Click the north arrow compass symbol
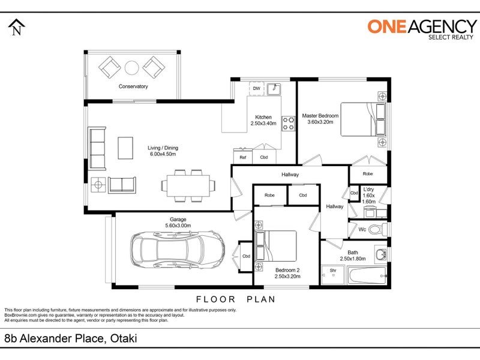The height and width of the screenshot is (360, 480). [17, 27]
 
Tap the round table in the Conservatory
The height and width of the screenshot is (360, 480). [131, 68]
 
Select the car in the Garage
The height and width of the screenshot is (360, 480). [178, 250]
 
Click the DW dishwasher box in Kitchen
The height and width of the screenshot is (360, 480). [257, 88]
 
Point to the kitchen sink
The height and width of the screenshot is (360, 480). [274, 89]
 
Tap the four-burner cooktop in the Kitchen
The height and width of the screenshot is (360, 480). [288, 124]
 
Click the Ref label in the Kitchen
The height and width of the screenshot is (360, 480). [243, 157]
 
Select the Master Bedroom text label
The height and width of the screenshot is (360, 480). [320, 116]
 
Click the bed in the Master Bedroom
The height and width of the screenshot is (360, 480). [364, 119]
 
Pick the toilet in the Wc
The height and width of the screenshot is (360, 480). [378, 229]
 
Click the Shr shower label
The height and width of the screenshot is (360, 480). [333, 271]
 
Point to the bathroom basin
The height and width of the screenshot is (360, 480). [380, 254]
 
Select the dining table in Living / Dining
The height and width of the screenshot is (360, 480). [188, 185]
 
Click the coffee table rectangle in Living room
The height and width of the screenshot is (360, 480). [125, 148]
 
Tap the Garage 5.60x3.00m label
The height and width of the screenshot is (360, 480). [178, 223]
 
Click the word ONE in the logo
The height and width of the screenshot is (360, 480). [387, 26]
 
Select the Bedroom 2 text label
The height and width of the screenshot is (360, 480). [287, 270]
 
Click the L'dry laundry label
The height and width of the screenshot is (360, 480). [368, 190]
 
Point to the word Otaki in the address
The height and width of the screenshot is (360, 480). [124, 338]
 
